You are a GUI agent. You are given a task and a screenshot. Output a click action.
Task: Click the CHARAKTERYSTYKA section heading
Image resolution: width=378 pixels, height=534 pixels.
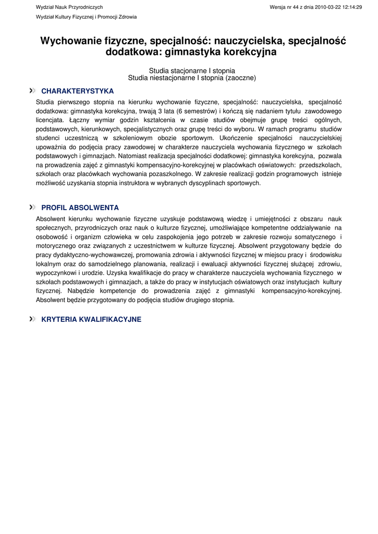[x=77, y=91]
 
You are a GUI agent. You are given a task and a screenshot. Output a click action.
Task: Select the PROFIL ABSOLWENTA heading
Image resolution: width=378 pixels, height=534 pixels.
[x=80, y=208]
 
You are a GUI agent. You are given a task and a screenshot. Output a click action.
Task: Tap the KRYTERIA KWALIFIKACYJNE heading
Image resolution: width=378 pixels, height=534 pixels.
[x=91, y=319]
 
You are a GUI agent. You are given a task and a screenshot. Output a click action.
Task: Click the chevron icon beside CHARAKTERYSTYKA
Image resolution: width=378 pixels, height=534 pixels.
[x=33, y=91]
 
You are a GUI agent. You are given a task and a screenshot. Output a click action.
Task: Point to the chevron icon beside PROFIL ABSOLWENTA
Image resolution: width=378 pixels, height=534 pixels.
[x=33, y=208]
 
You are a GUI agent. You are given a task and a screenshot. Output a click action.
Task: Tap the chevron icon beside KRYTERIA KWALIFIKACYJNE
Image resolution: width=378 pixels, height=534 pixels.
[x=33, y=319]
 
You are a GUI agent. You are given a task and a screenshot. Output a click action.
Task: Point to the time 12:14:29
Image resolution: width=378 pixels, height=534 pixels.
[x=352, y=7]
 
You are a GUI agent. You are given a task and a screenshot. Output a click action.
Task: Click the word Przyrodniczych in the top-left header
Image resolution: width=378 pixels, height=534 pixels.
[x=86, y=7]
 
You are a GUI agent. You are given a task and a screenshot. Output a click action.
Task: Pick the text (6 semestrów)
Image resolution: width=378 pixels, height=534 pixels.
[x=196, y=111]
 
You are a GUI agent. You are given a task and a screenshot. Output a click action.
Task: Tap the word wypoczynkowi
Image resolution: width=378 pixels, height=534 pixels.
[x=55, y=273]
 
